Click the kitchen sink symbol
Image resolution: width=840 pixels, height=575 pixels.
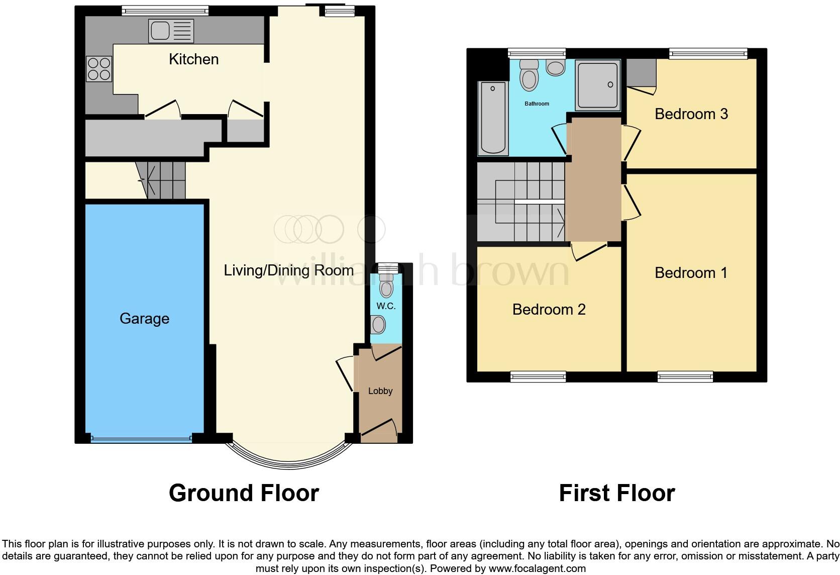(170, 31)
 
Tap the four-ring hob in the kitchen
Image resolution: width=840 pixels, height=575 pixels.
(99, 69)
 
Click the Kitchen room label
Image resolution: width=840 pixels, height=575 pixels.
(193, 59)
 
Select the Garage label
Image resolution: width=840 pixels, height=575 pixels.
(144, 319)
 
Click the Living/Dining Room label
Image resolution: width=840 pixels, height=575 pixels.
(288, 270)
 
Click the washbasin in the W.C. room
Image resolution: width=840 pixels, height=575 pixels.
(378, 324)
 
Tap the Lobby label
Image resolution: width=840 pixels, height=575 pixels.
(380, 391)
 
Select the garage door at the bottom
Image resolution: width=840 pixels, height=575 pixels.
(141, 439)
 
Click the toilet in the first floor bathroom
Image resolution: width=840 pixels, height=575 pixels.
(529, 76)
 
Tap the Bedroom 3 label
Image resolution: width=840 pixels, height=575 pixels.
(691, 114)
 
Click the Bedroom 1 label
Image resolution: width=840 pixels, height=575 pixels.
(691, 273)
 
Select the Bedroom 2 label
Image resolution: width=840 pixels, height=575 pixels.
(549, 310)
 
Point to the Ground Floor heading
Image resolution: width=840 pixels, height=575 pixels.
(244, 493)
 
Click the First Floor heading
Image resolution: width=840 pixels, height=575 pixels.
(616, 493)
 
